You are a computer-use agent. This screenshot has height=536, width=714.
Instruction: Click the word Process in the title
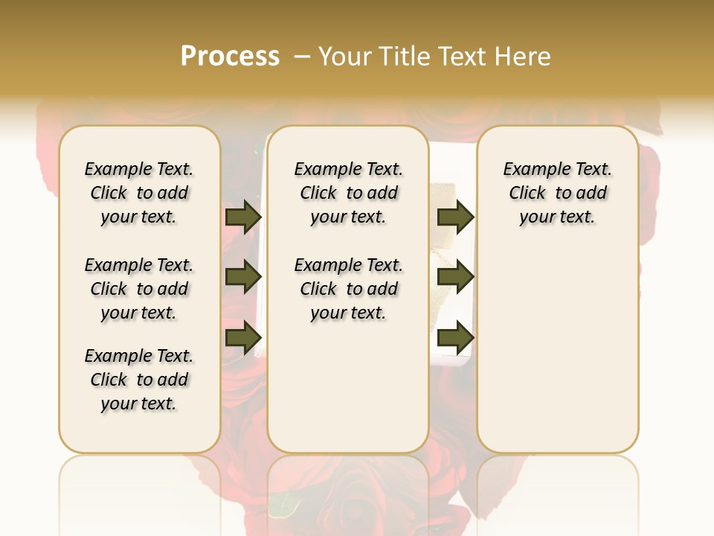coord(230,57)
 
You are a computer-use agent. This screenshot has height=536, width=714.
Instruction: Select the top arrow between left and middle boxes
coord(243,217)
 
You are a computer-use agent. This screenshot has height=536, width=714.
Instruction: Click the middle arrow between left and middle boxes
coord(243,277)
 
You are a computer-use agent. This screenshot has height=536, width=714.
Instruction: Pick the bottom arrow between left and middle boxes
coord(243,337)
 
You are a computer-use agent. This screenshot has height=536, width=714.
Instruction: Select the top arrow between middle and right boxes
coord(455,217)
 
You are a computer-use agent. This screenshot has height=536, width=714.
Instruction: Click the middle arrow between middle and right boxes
coord(455,277)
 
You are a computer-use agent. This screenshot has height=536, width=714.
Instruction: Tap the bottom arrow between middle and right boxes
coord(455,337)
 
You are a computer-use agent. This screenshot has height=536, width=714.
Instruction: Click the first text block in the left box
coord(139,193)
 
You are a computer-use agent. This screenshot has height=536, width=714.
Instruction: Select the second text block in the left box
coord(139,289)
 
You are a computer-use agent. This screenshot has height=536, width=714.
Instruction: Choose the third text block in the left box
coord(139,380)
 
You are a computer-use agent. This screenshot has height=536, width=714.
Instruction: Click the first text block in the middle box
coord(348,193)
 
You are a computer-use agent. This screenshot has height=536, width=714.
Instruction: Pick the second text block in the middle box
coord(348,289)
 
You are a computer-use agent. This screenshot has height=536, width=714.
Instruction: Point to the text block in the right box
coord(557,193)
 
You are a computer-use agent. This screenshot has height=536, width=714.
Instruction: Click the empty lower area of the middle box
coord(348,387)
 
